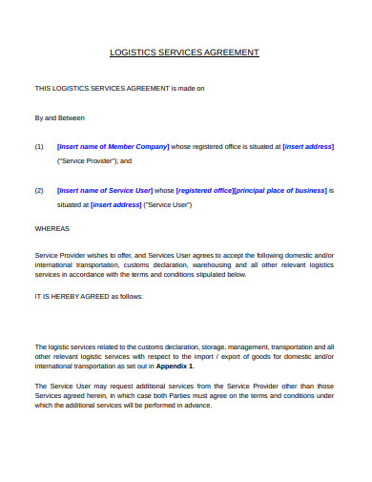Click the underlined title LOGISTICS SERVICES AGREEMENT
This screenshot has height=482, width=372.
coord(185,53)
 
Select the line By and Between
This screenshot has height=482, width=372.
coord(59,118)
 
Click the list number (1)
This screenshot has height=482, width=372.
coord(39,147)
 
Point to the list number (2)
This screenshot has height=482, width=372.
coord(39,191)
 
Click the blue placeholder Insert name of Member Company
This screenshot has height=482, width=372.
coord(114,147)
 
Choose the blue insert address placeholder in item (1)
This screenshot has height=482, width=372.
coord(308,147)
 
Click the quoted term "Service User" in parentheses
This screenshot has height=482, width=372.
coord(168,205)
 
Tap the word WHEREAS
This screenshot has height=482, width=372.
coord(52,229)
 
